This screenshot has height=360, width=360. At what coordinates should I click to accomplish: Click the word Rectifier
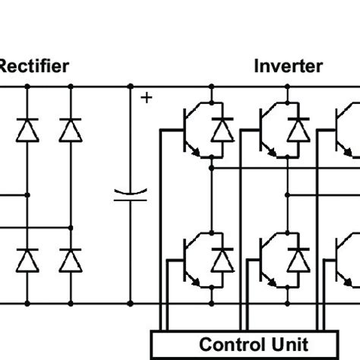coord(34,66)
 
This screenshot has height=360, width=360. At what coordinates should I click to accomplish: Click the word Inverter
coord(287,66)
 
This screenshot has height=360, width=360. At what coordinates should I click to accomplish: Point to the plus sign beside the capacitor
coord(145,97)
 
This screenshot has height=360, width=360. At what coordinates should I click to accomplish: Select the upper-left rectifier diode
coord(28,129)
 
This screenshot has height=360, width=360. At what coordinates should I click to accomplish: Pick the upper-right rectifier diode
coord(70,129)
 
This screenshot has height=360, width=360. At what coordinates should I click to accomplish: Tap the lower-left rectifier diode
coord(28,261)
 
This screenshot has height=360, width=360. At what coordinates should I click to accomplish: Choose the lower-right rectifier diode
coord(70,261)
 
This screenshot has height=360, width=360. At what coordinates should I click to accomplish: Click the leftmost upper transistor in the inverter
coord(193,129)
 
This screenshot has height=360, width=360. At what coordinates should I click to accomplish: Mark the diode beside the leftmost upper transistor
coord(222,129)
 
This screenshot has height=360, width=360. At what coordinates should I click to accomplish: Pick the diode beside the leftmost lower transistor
coord(222,261)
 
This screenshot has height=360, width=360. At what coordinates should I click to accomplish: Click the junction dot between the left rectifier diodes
coord(28,194)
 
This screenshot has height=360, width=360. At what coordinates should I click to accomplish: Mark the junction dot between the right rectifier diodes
coord(70,226)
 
